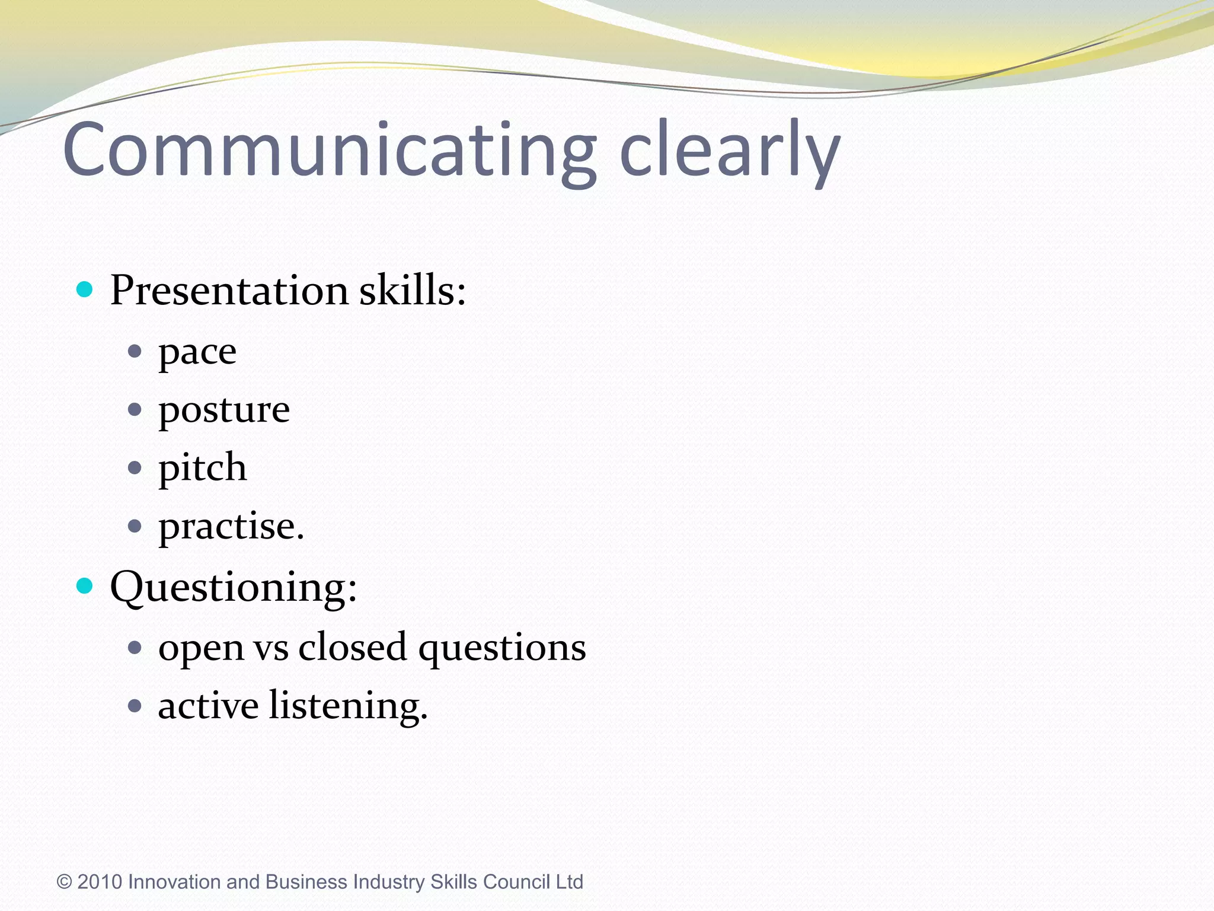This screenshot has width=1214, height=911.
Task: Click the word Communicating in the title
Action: pos(329,149)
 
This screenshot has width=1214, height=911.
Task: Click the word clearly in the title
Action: pos(729,149)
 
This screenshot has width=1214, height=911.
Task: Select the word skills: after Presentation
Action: pos(413,291)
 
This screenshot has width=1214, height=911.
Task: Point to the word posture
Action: pos(224,410)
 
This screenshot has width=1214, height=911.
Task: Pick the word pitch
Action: pos(202,468)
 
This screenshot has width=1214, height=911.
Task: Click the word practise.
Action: pos(231,526)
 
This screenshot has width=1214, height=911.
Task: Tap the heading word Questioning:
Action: pos(234,587)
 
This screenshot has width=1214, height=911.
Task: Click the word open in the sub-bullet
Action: pos(201,648)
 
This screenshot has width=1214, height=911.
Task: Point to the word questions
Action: pos(502,648)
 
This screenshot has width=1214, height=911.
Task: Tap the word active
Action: pos(208,706)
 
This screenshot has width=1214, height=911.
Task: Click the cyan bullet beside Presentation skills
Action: pos(85,289)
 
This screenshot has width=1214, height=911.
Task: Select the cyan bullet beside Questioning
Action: pos(85,586)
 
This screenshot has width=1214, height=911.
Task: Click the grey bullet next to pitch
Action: pos(135,467)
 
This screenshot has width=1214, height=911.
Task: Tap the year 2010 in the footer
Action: pos(100,882)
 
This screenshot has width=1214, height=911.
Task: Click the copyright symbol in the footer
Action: pos(64,882)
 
